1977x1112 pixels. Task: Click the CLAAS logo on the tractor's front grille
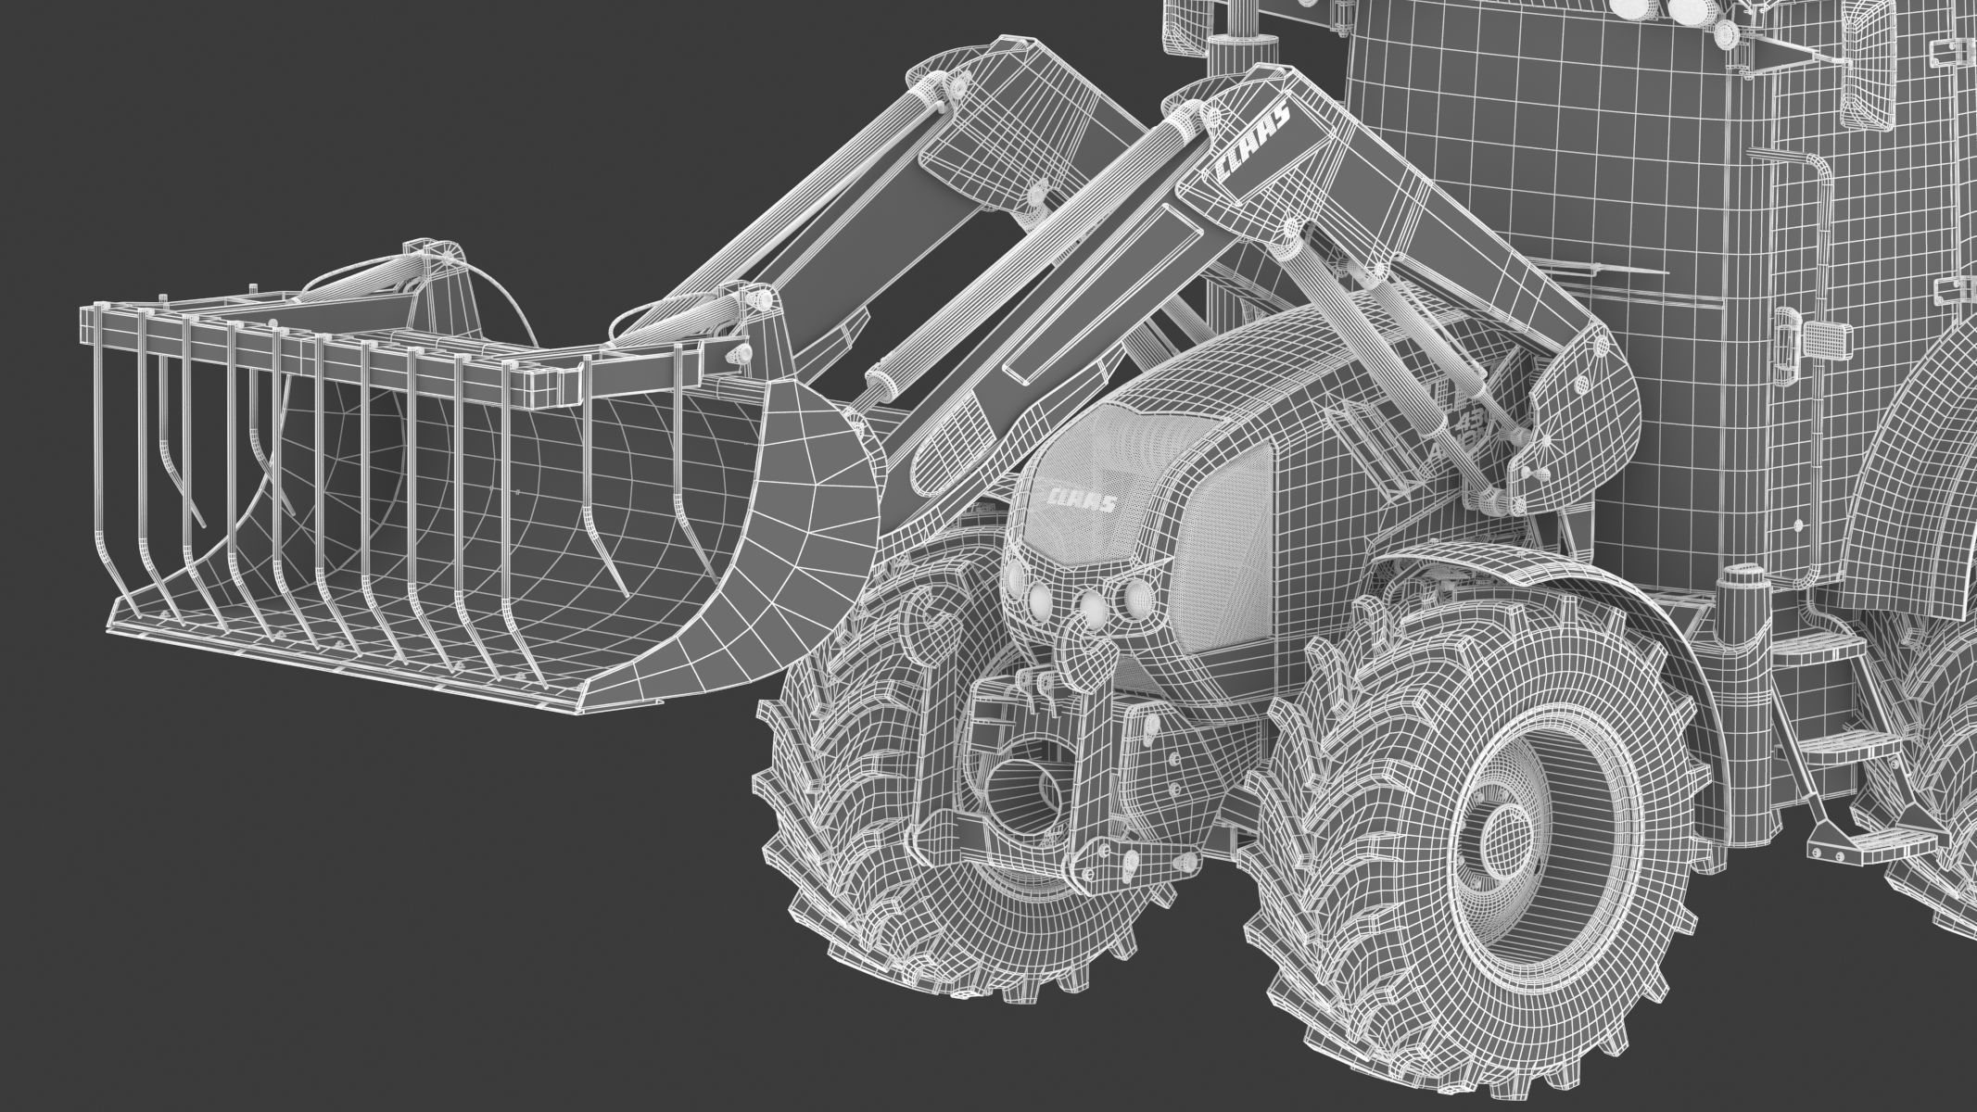[x=1080, y=500]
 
